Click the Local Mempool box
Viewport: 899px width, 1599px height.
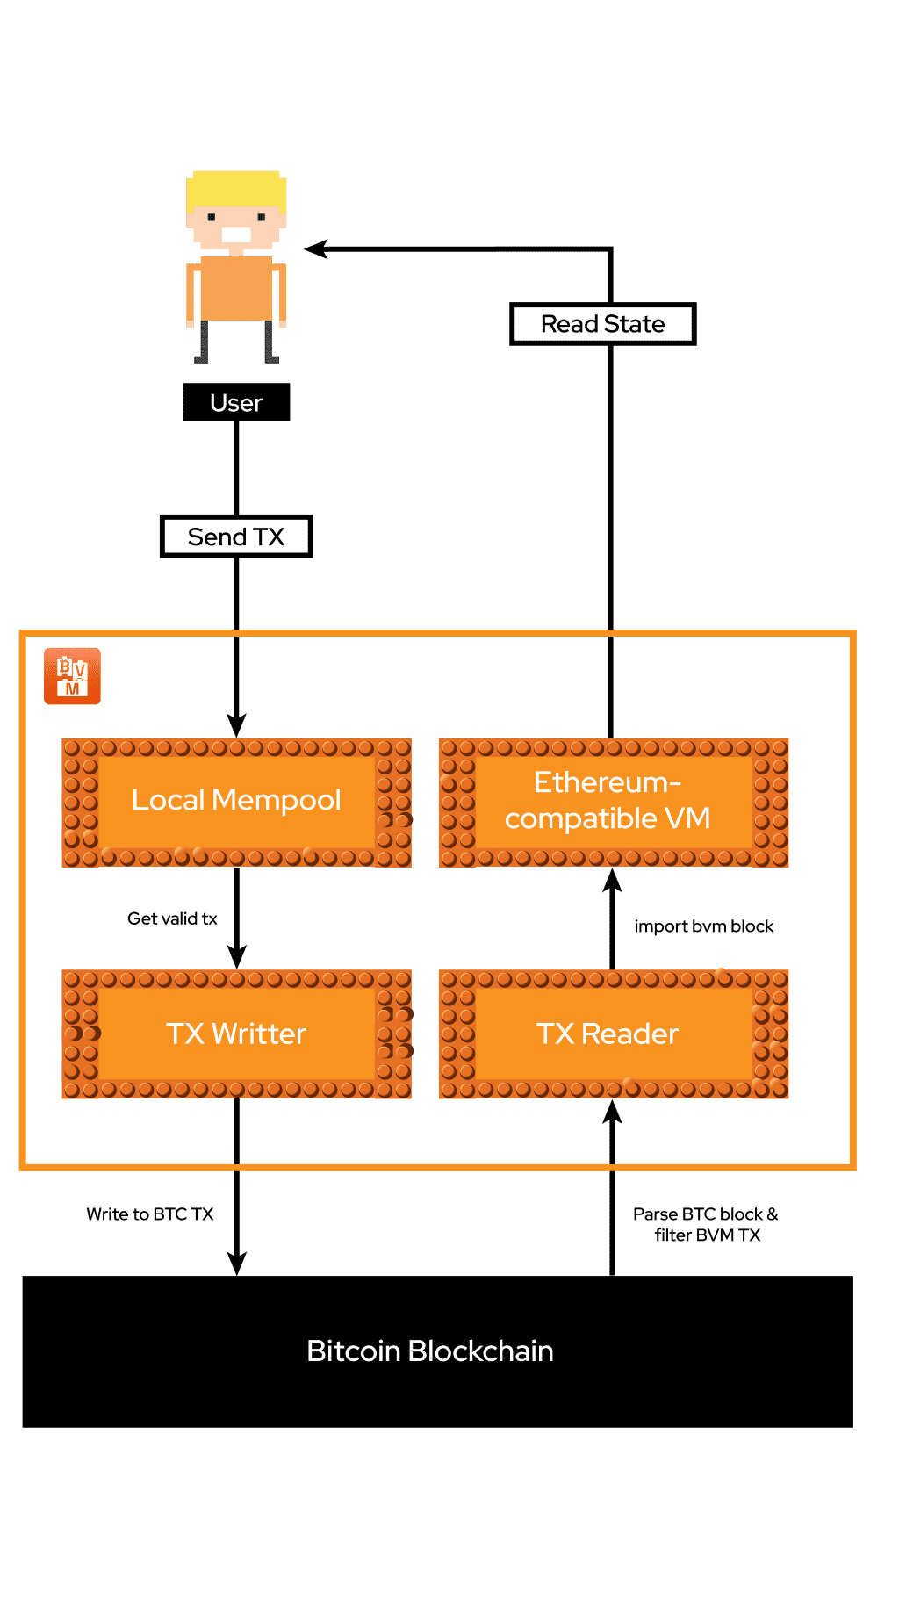[x=236, y=802]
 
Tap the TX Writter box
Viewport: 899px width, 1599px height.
[x=236, y=1034]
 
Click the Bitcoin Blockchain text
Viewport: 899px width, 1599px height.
[x=429, y=1351]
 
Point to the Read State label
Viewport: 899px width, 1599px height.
[x=602, y=324]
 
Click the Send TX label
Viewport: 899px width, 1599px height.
[x=236, y=537]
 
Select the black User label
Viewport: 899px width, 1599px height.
[x=236, y=403]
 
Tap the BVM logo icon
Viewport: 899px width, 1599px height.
[x=72, y=676]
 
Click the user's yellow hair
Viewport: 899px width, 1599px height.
[x=235, y=188]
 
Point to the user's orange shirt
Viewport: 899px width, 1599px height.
[x=235, y=288]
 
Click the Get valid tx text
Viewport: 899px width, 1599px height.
[x=172, y=918]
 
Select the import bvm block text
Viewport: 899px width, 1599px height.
[x=704, y=926]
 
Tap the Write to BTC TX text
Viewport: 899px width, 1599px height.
[x=150, y=1214]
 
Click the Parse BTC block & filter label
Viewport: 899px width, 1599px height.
[x=706, y=1224]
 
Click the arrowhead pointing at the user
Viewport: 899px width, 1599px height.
[x=315, y=249]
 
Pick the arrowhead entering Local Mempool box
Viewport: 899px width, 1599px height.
[x=236, y=725]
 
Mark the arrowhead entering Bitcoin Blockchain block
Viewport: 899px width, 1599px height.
[x=236, y=1264]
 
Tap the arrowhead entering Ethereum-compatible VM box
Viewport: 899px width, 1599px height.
[x=612, y=881]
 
